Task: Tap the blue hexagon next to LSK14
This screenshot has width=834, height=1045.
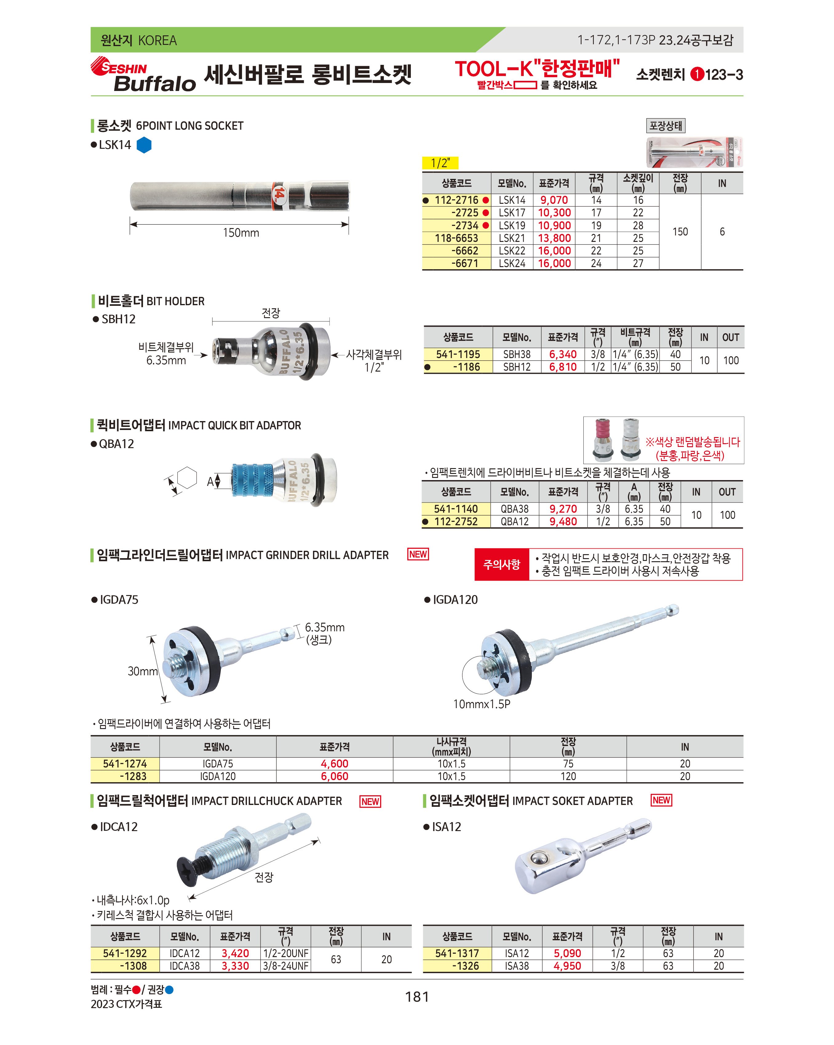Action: click(x=144, y=145)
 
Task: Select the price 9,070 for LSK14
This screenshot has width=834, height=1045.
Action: click(x=554, y=200)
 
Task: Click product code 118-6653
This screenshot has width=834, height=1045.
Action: click(x=456, y=238)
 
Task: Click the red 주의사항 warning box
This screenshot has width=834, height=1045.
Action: click(x=501, y=564)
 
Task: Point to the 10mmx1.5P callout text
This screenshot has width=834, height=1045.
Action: click(x=482, y=704)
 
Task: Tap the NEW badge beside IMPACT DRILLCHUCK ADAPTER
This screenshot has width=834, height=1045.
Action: click(x=370, y=802)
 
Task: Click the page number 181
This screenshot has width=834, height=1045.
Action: click(x=417, y=997)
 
